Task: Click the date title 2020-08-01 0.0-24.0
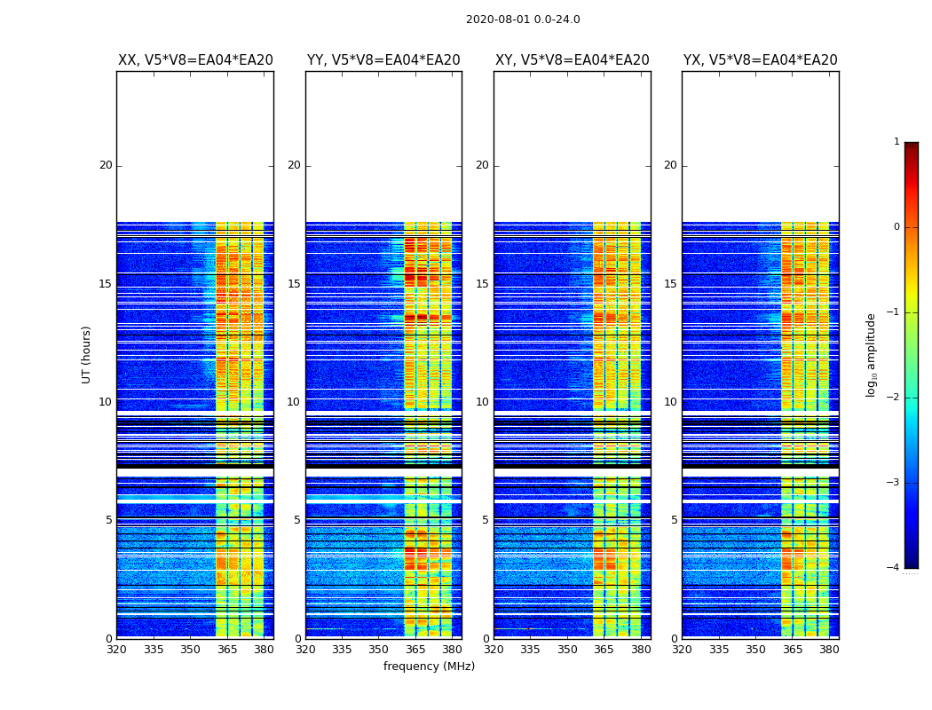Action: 523,20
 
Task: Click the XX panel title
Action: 195,60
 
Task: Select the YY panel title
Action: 383,60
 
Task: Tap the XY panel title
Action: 572,60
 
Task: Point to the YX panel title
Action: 760,60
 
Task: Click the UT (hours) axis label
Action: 87,354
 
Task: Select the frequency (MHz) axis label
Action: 429,667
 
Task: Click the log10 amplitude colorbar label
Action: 872,354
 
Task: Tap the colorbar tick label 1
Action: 896,142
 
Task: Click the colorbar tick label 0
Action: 896,227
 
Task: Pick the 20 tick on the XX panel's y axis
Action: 106,165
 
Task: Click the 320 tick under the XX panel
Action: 116,650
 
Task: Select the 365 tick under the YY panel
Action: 415,650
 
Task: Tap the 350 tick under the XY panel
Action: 567,650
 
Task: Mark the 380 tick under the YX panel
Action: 829,650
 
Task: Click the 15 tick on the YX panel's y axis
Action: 671,284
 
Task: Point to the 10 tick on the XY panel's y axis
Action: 482,402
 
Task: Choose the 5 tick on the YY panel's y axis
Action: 297,520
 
